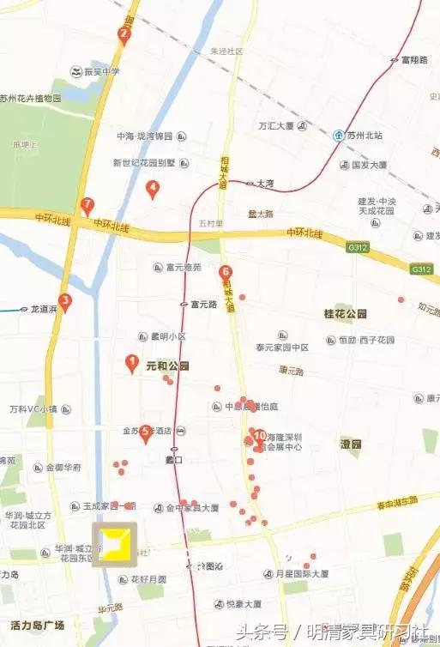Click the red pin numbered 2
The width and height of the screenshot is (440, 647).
(124, 35)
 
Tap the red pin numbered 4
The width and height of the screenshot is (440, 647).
(153, 189)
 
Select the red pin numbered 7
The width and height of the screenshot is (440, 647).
(87, 206)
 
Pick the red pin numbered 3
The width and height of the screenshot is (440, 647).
(65, 302)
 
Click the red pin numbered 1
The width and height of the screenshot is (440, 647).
(132, 363)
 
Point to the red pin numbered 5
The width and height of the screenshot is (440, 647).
(146, 432)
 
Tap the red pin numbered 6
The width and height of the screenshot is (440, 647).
(226, 274)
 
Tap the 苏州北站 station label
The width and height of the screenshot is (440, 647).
(364, 136)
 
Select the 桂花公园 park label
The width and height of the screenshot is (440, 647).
(345, 314)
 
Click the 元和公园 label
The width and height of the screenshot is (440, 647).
(167, 366)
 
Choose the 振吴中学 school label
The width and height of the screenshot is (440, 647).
(101, 70)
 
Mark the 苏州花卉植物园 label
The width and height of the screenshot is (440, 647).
(31, 99)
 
